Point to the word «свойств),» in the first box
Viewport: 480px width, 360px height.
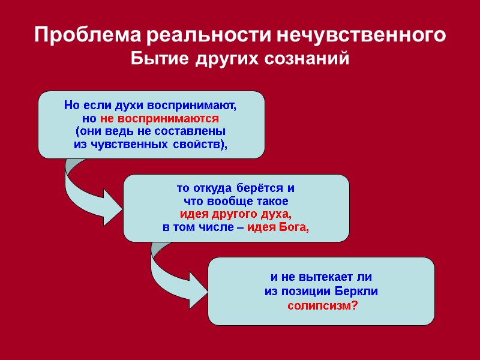coord(206,145)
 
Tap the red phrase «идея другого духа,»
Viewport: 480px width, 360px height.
coord(236,215)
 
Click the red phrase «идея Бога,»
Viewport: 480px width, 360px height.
coord(278,227)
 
